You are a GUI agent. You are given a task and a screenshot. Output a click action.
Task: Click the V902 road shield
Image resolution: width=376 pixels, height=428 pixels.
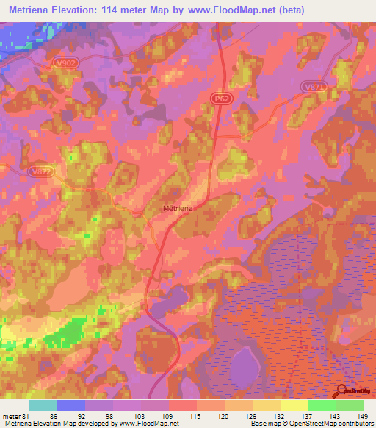pos(65,63)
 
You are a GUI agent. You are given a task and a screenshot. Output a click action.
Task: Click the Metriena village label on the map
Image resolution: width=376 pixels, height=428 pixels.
pos(178,209)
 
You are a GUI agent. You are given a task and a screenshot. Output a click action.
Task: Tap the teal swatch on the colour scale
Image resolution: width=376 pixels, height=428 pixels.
pos(43,406)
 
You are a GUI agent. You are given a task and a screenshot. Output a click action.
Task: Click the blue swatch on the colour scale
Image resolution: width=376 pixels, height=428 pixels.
pos(71,406)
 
